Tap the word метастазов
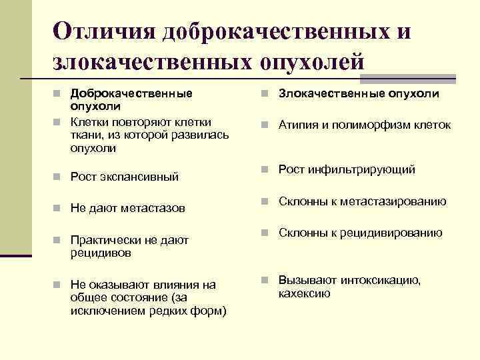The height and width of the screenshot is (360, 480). tap(153, 209)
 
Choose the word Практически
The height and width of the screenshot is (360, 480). tap(107, 240)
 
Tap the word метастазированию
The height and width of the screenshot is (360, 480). tap(394, 201)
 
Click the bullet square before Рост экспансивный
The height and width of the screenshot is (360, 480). tap(59, 177)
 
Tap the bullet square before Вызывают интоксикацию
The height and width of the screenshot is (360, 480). tap(265, 280)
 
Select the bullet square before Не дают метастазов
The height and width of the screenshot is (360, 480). tap(59, 209)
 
